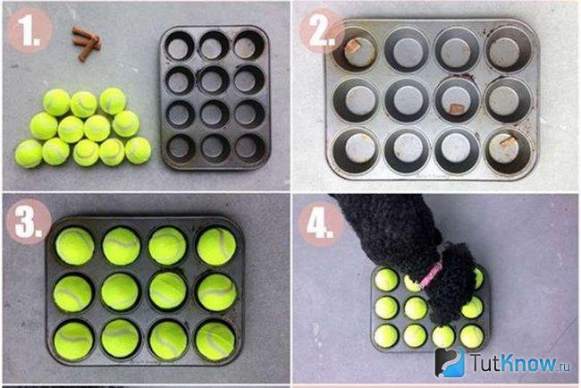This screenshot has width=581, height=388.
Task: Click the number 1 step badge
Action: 29,30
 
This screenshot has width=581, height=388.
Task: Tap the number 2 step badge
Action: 322,30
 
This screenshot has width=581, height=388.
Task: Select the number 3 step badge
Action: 29,222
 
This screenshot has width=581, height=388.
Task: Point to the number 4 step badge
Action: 321,224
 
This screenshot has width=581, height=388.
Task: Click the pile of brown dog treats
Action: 87,43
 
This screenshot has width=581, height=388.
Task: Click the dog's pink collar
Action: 431,274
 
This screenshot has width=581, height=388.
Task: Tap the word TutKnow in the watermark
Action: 514,362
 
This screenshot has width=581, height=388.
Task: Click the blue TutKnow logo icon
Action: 450,362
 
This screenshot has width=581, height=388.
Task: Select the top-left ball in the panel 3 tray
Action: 75,246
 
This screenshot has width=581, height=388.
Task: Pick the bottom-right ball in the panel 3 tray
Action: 215,342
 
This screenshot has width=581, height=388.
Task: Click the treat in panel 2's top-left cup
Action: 353,46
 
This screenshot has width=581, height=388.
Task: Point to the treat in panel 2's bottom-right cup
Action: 508,140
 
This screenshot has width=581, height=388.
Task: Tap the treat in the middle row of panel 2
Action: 458,108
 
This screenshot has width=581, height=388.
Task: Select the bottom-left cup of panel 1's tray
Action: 181,148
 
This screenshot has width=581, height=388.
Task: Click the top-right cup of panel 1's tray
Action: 249,46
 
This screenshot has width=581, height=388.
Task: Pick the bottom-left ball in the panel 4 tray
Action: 386,336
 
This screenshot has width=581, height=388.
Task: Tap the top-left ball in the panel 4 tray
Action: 386,280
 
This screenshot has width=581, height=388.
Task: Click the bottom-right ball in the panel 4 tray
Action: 472,336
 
